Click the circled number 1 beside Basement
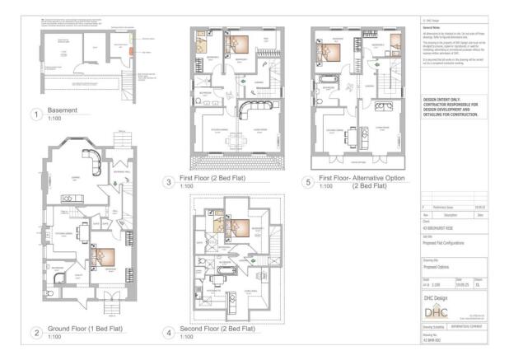tap(35, 116)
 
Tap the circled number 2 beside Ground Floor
tap(35, 333)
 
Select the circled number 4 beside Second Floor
tap(168, 333)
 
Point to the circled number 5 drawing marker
tap(308, 182)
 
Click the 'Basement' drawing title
tap(65, 113)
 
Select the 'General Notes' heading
tap(433, 26)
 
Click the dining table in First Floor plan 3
tap(234, 138)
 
